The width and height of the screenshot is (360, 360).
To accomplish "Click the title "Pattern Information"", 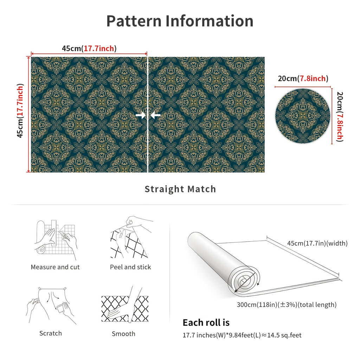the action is (x=180, y=21).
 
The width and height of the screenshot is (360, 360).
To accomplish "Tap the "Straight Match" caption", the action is (x=180, y=189).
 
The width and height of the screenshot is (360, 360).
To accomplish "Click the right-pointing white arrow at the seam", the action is (x=141, y=115).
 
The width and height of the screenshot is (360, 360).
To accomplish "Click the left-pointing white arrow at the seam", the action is (x=155, y=115).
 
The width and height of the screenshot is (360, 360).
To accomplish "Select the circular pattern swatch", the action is (x=303, y=116).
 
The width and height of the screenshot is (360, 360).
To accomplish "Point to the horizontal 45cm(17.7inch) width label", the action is (x=89, y=49).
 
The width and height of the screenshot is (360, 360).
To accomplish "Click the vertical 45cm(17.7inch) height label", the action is (x=20, y=110).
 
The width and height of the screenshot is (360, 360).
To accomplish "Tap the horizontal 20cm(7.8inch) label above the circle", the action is (x=303, y=78).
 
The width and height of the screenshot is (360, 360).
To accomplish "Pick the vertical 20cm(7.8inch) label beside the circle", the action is (x=340, y=117).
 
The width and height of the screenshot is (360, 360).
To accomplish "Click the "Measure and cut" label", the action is (x=55, y=267).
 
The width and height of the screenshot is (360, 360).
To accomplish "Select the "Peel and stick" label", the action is (x=130, y=267).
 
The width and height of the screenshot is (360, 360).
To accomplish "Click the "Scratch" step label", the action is (x=51, y=333).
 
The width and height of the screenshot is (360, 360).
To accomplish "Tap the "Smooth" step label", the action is (x=123, y=334).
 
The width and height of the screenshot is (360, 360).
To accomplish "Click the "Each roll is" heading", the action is (x=206, y=323).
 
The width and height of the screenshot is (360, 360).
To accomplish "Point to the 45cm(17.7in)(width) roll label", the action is (x=317, y=243).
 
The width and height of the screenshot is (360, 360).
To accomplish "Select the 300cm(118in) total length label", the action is (x=287, y=305).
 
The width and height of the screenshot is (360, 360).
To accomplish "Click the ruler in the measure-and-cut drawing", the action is (x=54, y=233).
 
